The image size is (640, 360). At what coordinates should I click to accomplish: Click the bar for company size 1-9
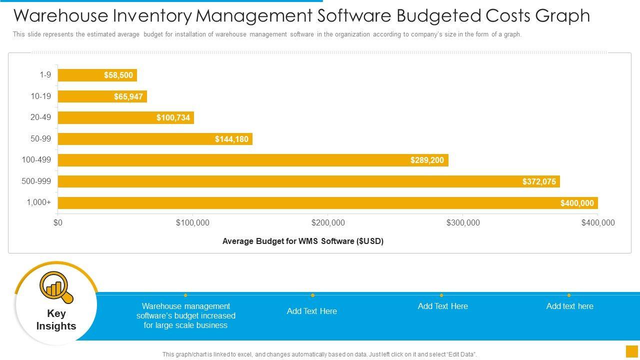pos(97,75)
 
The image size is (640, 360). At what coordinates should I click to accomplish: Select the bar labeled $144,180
pos(155,139)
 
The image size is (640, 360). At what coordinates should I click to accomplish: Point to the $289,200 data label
pos(427,160)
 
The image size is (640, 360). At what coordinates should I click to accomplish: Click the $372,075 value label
pos(539,181)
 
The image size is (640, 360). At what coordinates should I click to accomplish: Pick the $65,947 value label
pos(128,97)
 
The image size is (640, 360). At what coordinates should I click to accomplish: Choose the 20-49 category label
pos(40,117)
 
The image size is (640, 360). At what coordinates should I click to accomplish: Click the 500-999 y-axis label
pos(36,181)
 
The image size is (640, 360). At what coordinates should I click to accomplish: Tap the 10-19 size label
pos(40,96)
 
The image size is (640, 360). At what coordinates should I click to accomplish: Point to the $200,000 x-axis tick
pos(328,223)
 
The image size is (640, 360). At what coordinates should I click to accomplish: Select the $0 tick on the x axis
pos(58,223)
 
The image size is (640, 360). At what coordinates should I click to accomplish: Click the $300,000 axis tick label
pos(463,223)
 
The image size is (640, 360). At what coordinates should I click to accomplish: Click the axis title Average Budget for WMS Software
pos(302,241)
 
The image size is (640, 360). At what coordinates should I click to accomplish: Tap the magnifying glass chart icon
pos(56,286)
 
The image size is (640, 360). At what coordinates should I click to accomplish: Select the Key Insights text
pos(56,320)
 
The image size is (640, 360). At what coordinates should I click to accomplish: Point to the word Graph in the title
pos(562,16)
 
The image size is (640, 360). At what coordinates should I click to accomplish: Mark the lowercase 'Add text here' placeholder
pos(569,306)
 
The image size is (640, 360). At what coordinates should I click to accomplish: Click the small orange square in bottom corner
pos(632,351)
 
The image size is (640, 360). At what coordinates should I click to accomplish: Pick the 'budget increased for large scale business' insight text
pos(186,315)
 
